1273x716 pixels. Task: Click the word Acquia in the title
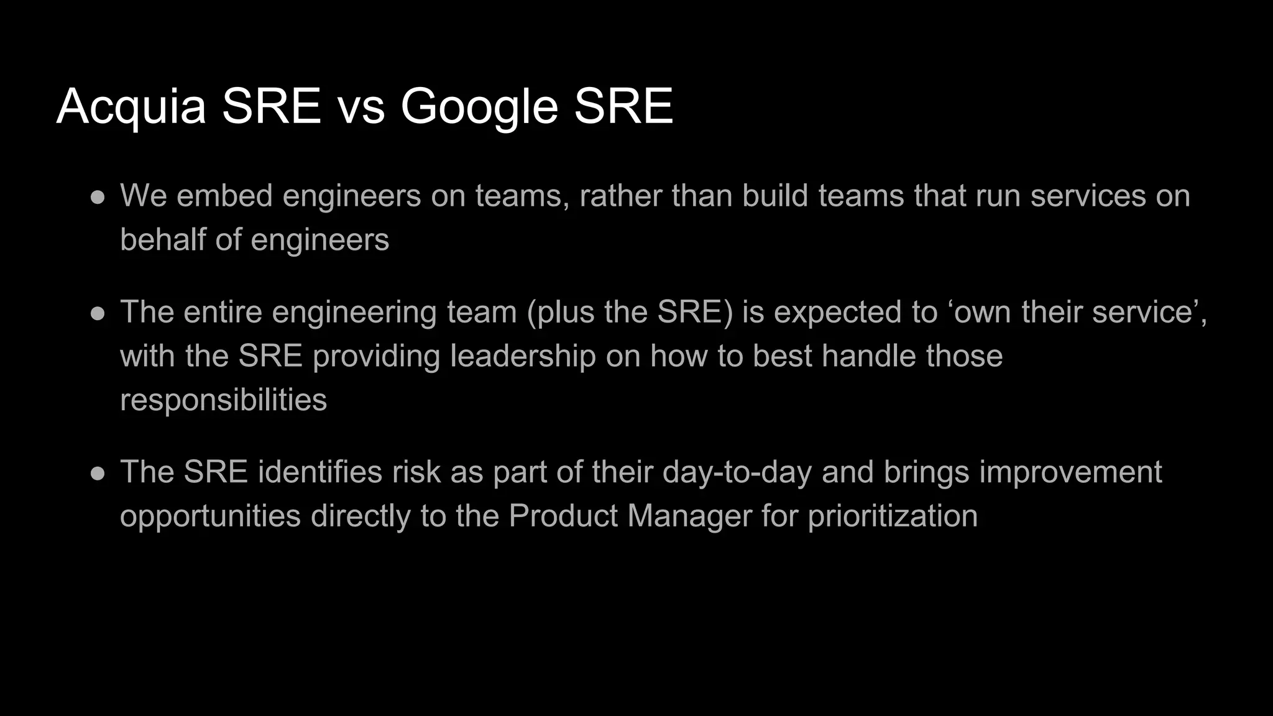[x=131, y=107]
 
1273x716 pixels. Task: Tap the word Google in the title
[x=479, y=107]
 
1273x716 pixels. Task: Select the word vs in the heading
[x=361, y=107]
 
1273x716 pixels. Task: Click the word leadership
[x=523, y=356]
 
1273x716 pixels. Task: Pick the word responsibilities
[x=223, y=400]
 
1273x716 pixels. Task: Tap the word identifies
[x=319, y=472]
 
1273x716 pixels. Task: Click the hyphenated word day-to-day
[x=737, y=472]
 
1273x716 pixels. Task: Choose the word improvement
[x=1070, y=472]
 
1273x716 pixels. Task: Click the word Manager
[x=689, y=516]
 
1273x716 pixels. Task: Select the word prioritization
[x=893, y=516]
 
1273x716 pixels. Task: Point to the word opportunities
[x=210, y=516]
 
